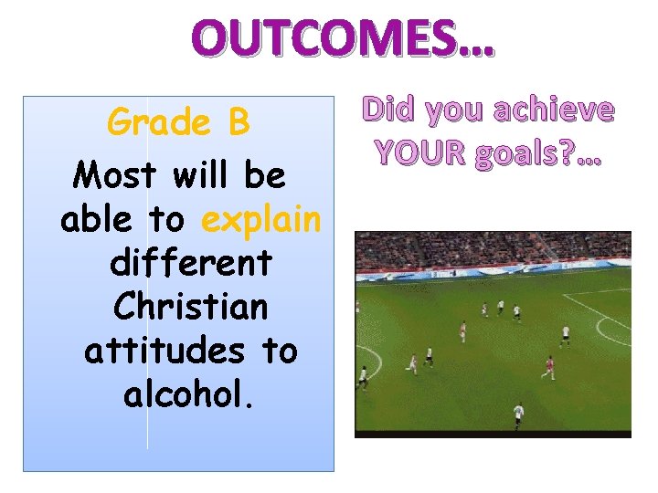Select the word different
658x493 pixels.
190,263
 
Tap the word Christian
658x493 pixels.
190,307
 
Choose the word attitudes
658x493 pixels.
163,351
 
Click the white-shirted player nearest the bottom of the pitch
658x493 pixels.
518,412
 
